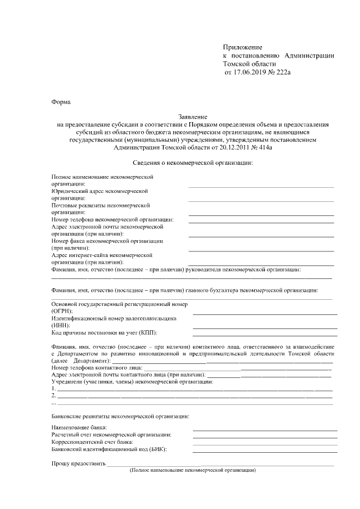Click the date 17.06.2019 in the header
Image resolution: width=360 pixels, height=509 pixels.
pos(247,73)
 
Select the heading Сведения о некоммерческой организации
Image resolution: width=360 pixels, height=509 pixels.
pos(193,163)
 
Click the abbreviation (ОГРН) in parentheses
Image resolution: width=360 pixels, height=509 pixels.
pos(62,310)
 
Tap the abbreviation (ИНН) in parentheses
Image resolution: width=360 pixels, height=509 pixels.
pos(60,325)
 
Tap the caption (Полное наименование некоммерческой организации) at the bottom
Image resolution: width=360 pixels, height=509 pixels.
pos(192,470)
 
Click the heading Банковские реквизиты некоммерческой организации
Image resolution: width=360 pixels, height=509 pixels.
pos(120,416)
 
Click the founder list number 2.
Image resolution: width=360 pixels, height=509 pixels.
pos(53,395)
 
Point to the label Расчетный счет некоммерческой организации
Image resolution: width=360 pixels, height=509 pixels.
pos(111,435)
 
